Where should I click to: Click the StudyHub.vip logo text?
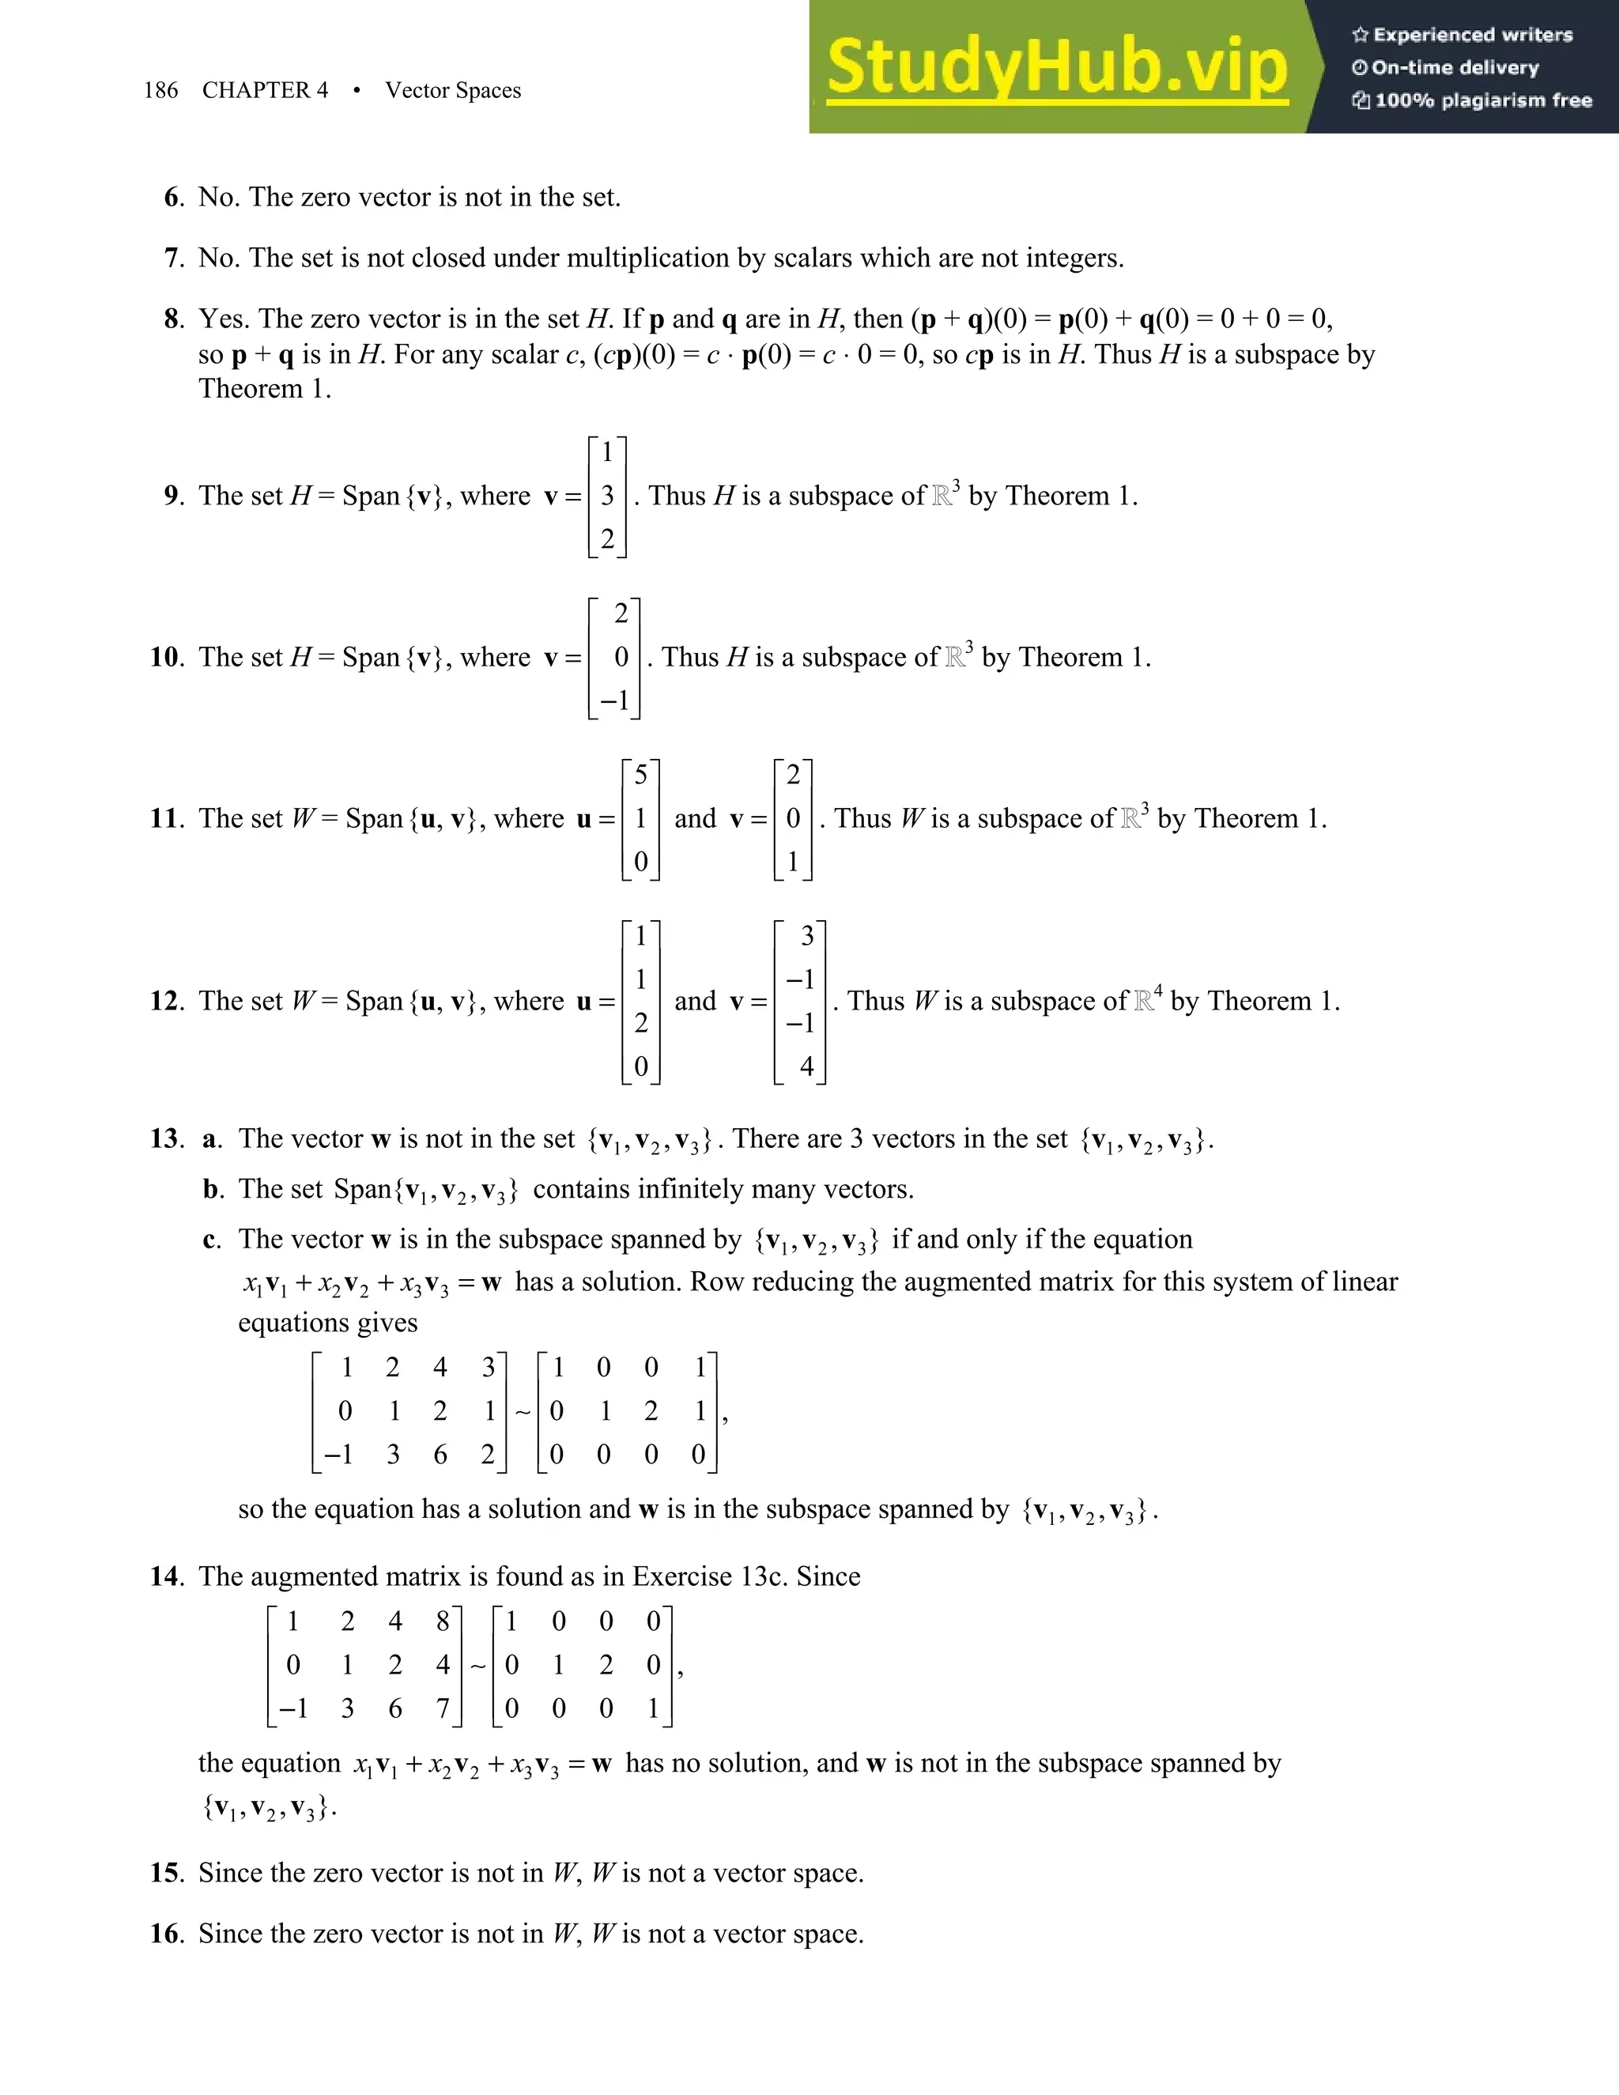(1056, 67)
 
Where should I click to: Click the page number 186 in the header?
(160, 90)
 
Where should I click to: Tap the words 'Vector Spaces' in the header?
(453, 90)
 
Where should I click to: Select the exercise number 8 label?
(172, 319)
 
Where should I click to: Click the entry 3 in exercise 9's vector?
(607, 496)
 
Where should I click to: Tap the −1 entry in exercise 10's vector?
(615, 700)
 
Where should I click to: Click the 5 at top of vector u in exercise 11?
(640, 775)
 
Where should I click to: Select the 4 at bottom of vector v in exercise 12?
(806, 1066)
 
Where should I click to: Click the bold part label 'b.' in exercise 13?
(213, 1190)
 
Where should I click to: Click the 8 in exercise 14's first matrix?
(442, 1621)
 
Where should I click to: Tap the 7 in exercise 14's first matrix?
(442, 1708)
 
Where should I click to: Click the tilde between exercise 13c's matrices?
(523, 1411)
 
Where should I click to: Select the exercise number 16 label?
(166, 1933)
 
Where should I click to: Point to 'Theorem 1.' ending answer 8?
(265, 388)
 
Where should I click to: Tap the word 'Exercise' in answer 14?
(684, 1576)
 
